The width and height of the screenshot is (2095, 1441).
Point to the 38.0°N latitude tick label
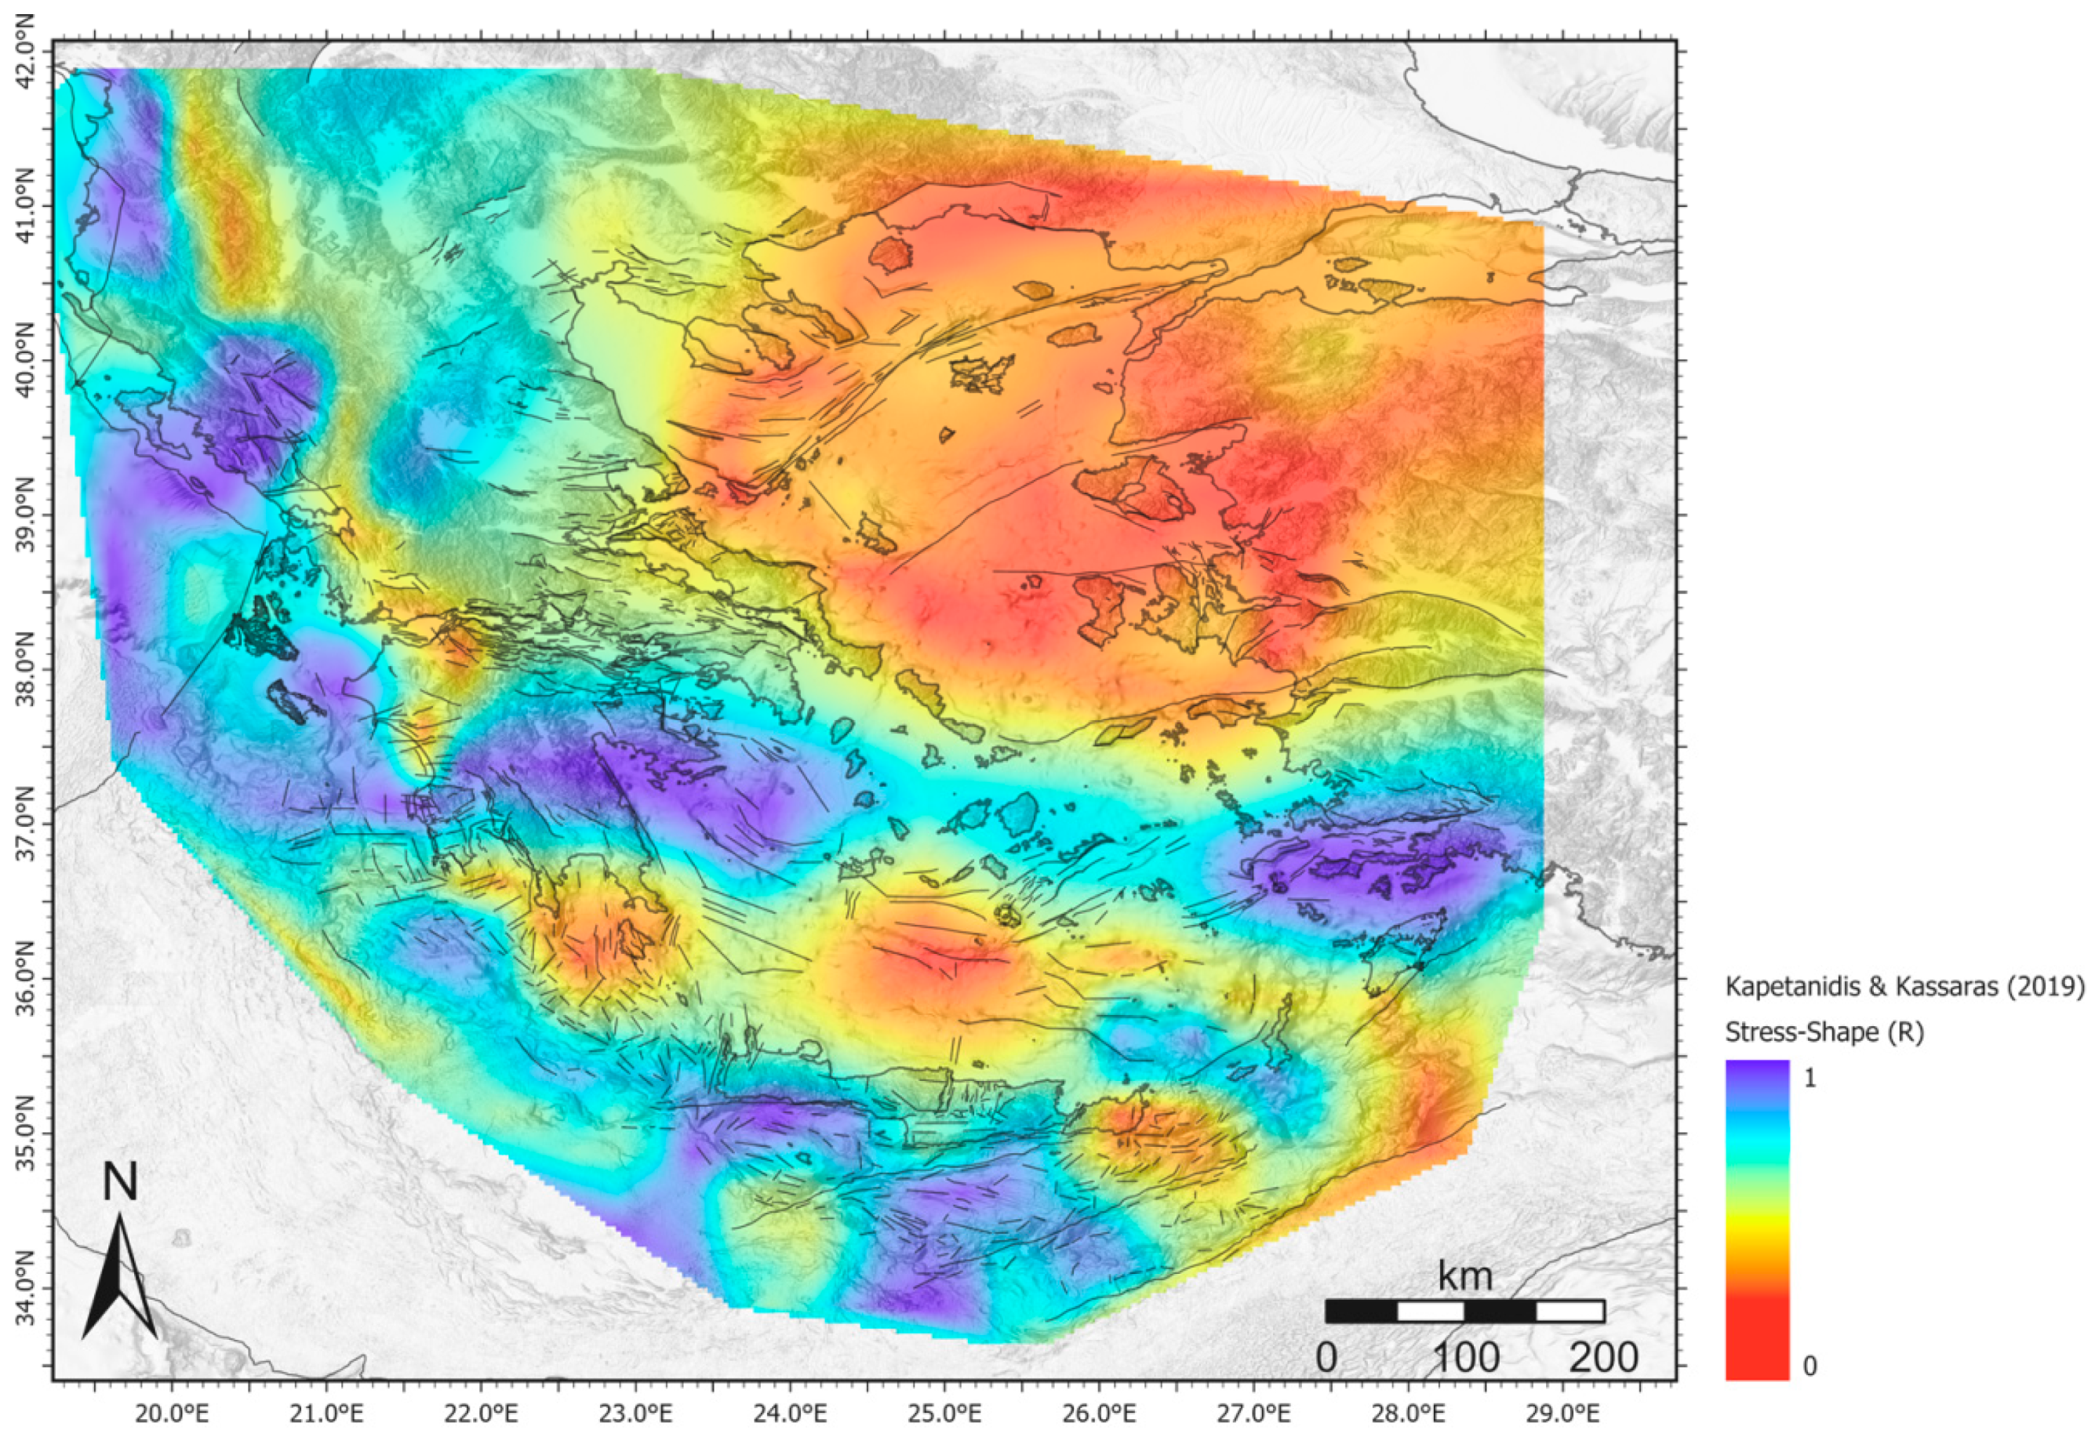click(25, 669)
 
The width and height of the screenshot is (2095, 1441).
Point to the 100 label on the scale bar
click(1465, 1357)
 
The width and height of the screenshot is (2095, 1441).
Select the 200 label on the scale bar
click(1602, 1357)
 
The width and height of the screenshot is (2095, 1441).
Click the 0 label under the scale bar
click(1326, 1357)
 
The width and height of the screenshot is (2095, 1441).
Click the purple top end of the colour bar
click(1756, 1069)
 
